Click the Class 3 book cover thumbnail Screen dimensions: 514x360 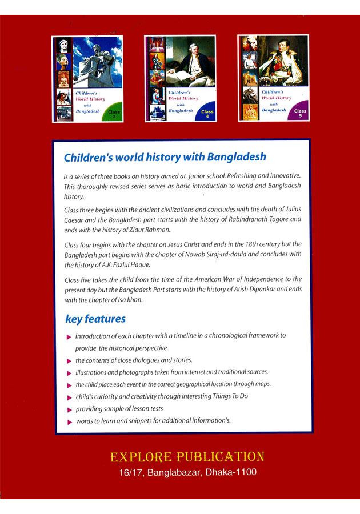[x=87, y=78]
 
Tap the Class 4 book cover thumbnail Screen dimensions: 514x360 [x=180, y=78]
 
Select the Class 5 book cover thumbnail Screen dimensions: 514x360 [x=273, y=78]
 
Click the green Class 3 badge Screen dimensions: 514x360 [x=114, y=114]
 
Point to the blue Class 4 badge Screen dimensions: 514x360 [x=207, y=114]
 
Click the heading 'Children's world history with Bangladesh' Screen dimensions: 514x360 [x=165, y=157]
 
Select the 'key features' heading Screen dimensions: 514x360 [x=95, y=319]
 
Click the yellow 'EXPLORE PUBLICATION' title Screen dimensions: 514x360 [x=187, y=457]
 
